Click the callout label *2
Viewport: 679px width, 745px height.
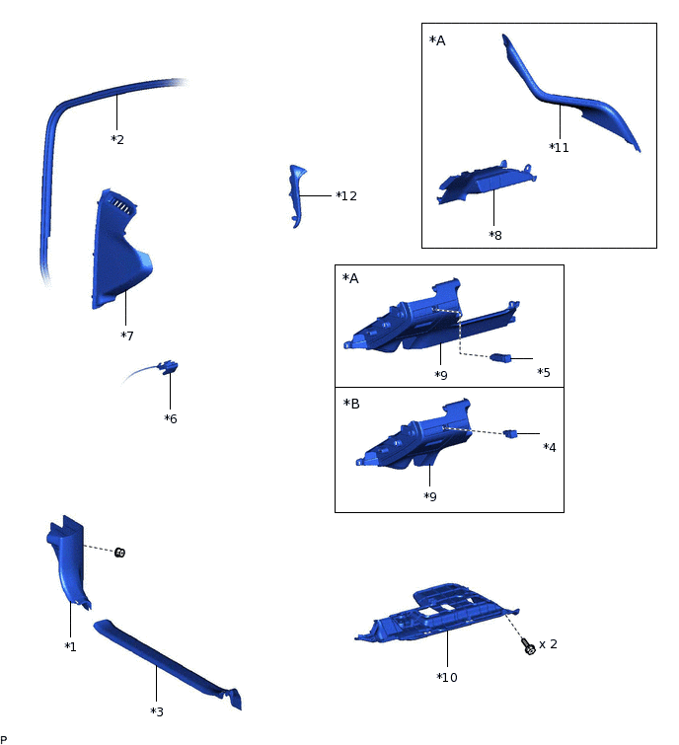coord(117,139)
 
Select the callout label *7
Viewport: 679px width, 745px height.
coord(127,335)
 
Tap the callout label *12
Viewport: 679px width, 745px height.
coord(346,195)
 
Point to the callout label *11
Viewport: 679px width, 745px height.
coord(559,147)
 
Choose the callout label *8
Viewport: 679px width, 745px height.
coord(495,235)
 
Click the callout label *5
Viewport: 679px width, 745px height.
coord(544,373)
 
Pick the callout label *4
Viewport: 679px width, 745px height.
coord(550,447)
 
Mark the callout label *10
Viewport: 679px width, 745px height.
coord(447,677)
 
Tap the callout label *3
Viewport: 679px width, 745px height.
coord(157,711)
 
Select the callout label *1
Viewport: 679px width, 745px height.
coord(70,646)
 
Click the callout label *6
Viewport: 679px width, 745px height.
coord(171,418)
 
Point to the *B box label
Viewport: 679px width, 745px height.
coord(351,404)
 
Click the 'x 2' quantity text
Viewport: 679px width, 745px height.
coord(548,644)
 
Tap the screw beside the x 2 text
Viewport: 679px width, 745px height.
coord(528,646)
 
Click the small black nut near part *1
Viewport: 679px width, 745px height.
coord(119,553)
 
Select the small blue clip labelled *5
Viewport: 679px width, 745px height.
coord(500,357)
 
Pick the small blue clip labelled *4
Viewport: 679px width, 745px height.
coord(510,433)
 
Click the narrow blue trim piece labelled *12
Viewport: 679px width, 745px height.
coord(296,195)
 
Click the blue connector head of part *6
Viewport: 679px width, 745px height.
coord(168,367)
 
